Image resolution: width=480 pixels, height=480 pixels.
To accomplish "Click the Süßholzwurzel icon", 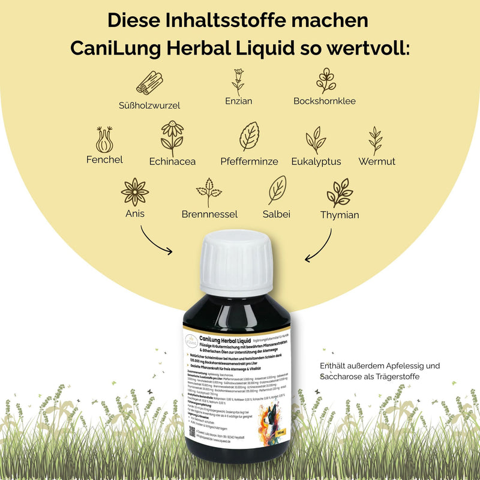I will click(x=149, y=83).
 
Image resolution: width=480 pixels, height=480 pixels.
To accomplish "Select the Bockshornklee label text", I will click(x=324, y=101).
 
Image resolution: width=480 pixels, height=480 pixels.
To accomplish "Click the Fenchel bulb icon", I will click(x=104, y=139).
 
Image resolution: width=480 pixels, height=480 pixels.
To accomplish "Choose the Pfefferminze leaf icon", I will click(x=249, y=137).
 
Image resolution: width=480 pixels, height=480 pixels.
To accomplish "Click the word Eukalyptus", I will click(x=316, y=161).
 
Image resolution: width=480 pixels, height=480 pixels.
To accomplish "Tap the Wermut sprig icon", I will click(x=376, y=140).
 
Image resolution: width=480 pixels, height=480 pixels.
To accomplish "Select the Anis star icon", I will click(x=134, y=192).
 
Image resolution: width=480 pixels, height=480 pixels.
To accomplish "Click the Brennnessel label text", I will click(x=209, y=214).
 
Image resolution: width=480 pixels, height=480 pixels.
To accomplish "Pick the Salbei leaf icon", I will click(x=277, y=190).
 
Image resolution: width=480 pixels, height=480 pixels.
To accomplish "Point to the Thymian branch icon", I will click(x=340, y=193).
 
